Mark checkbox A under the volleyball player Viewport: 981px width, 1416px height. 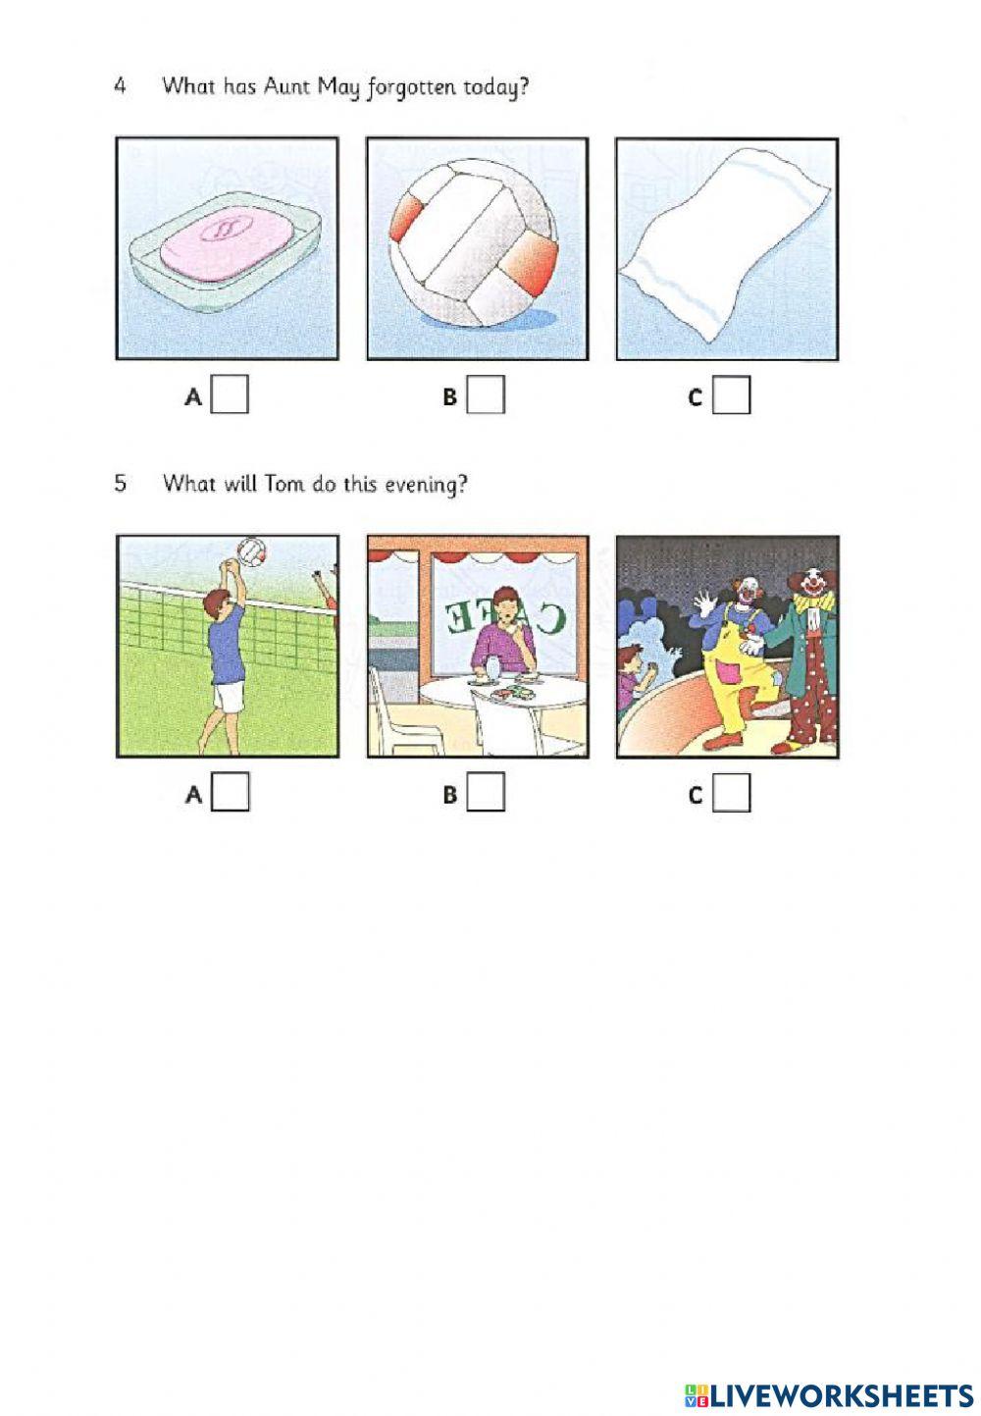pyautogui.click(x=230, y=792)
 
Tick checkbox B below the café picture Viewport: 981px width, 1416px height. pyautogui.click(x=486, y=792)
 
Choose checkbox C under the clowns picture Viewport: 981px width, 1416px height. pyautogui.click(x=731, y=792)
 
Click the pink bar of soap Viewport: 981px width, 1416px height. pyautogui.click(x=227, y=244)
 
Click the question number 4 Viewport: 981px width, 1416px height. pyautogui.click(x=120, y=86)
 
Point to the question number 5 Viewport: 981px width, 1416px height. pyautogui.click(x=120, y=484)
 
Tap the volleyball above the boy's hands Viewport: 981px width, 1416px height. pyautogui.click(x=252, y=551)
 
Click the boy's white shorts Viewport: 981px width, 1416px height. pyautogui.click(x=230, y=698)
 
